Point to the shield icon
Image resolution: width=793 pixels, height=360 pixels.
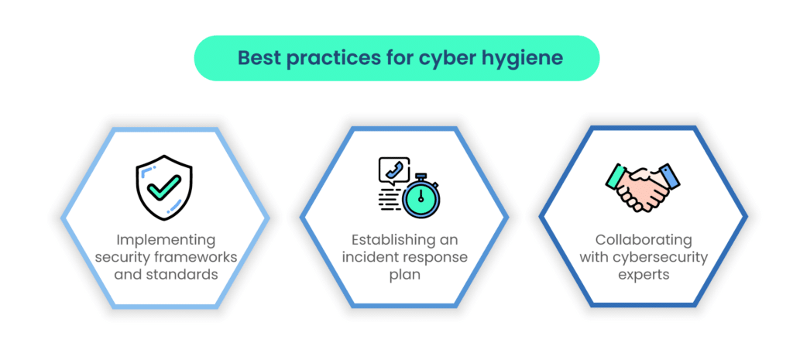(164, 187)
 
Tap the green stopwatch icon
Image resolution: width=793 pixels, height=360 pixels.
(421, 197)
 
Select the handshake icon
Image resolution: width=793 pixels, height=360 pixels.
(643, 187)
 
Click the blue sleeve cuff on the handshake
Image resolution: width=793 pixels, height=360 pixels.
(669, 176)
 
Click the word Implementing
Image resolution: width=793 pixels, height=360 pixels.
(166, 240)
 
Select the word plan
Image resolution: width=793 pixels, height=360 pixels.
(404, 276)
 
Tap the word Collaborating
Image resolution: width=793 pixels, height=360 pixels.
(643, 240)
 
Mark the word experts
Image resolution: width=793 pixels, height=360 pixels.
(643, 276)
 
